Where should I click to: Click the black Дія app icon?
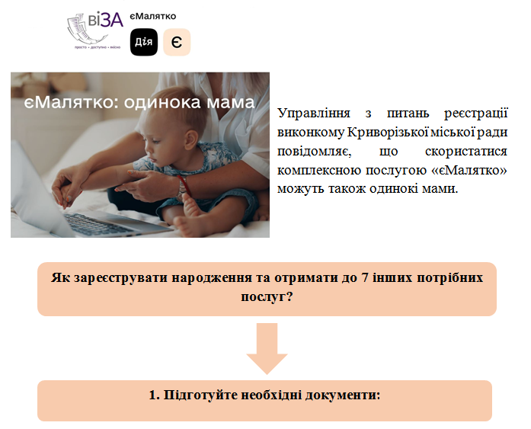click(x=144, y=42)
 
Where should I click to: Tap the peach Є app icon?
click(x=177, y=42)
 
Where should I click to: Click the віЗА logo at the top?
click(x=95, y=30)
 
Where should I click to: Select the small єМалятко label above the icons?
click(x=153, y=16)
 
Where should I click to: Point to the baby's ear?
click(x=191, y=139)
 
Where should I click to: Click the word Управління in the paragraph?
click(x=314, y=113)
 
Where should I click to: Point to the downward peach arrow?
click(x=267, y=348)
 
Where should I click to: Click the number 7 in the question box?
click(x=363, y=277)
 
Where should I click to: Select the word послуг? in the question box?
click(x=267, y=297)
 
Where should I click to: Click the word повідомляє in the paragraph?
click(x=315, y=151)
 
